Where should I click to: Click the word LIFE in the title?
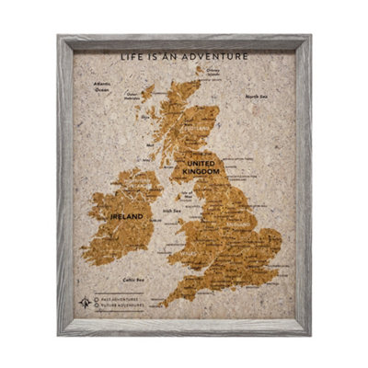132,56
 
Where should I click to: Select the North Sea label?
255,96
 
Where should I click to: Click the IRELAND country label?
126,215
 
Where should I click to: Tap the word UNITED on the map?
201,163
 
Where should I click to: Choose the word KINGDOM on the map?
201,172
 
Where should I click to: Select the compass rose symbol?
86,301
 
